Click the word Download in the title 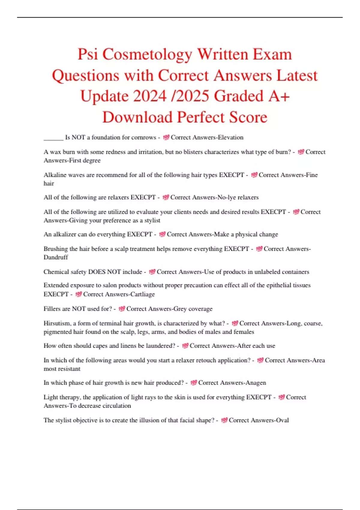pos(137,117)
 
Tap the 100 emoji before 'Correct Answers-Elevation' pos(166,137)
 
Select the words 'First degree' pos(85,160)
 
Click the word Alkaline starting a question pos(54,175)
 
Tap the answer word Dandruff pos(56,257)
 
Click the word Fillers pos(52,308)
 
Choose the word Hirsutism pos(57,323)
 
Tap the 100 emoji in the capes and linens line pos(185,346)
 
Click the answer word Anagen pos(256,382)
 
